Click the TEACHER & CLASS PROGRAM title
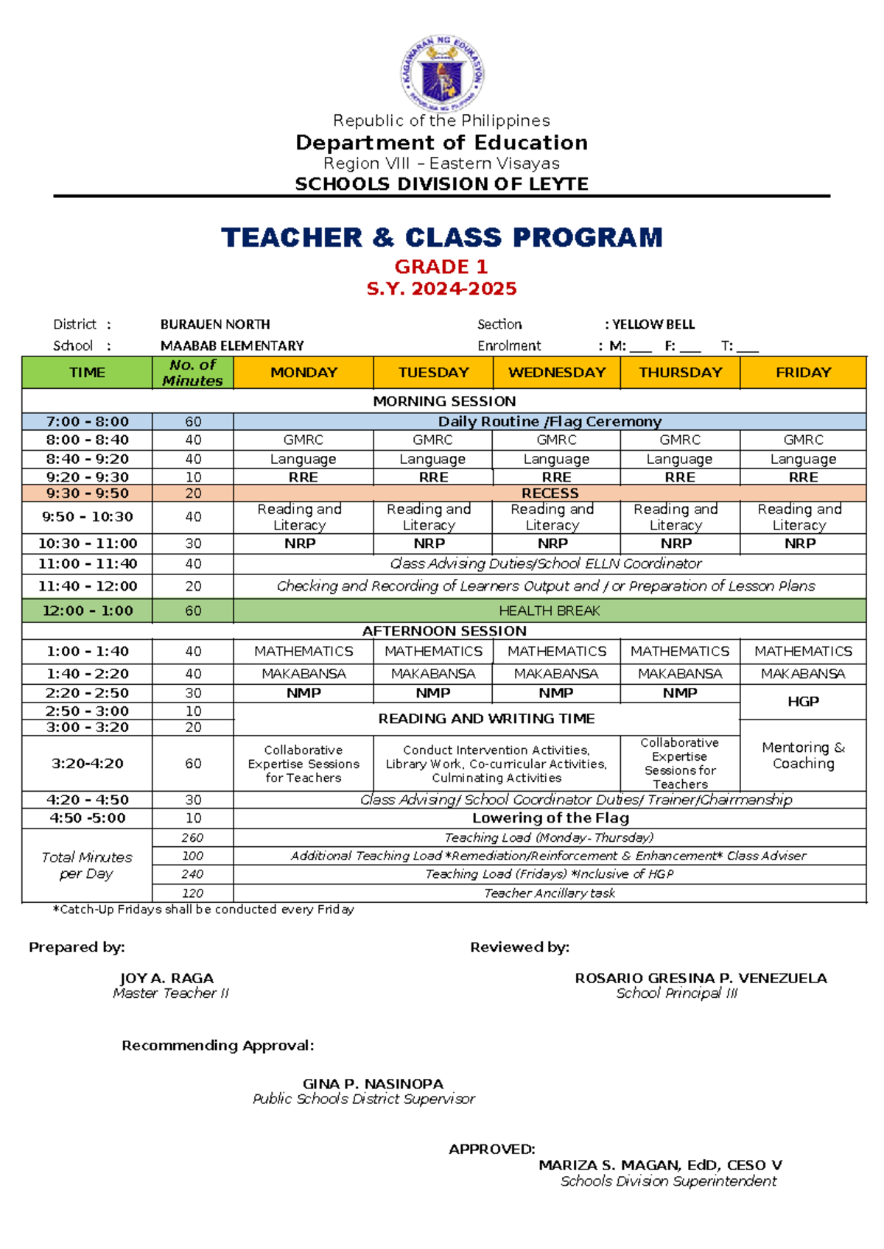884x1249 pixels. tap(442, 238)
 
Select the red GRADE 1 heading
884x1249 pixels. tap(441, 267)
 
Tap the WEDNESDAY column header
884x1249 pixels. tap(556, 373)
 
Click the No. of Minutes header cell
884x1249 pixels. tap(192, 373)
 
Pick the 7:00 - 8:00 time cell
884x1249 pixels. tap(87, 422)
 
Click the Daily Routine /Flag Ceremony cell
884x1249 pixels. tap(550, 422)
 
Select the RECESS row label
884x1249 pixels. tap(550, 493)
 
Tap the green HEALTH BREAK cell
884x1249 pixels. tap(550, 611)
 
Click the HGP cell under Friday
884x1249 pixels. tap(803, 702)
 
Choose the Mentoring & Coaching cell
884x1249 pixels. tap(803, 756)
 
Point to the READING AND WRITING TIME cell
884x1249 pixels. tap(486, 719)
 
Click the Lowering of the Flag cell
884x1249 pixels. tap(550, 818)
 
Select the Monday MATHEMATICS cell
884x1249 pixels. tap(304, 652)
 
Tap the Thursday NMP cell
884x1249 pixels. tap(679, 693)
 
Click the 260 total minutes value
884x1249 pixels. tap(192, 838)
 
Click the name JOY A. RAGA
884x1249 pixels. tap(166, 979)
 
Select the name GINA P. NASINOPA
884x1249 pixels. tap(373, 1084)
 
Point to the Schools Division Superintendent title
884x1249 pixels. tap(668, 1181)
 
